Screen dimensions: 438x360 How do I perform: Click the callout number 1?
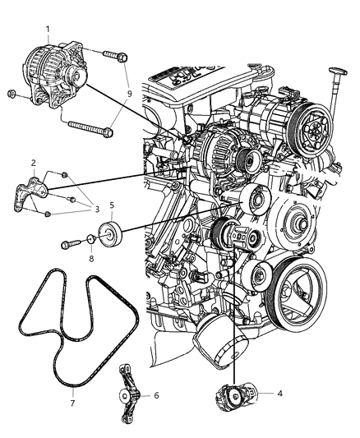[48, 29]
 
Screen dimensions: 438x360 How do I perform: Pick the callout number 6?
[156, 395]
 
